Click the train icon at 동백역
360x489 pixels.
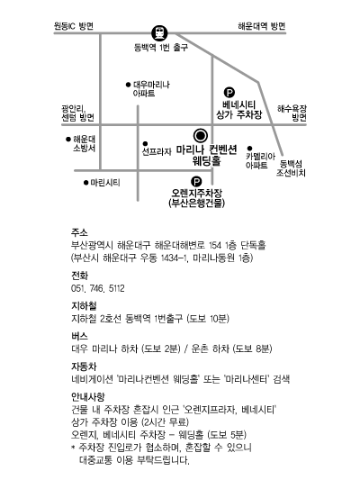(159, 32)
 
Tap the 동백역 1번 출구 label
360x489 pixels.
(161, 48)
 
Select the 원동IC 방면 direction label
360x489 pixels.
(74, 26)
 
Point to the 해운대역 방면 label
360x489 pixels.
(262, 26)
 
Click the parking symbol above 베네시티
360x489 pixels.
(229, 93)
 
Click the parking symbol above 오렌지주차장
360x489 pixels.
(196, 181)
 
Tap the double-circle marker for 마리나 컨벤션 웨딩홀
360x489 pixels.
(201, 136)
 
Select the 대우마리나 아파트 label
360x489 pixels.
(151, 89)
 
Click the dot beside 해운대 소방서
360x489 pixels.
(68, 139)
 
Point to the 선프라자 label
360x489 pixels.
(157, 151)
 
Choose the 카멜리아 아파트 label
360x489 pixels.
(260, 160)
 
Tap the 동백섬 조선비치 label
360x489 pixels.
(291, 168)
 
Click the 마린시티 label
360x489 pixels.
(105, 183)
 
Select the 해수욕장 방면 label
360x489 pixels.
(292, 113)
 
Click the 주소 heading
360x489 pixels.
(79, 232)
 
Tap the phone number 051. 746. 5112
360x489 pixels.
(97, 288)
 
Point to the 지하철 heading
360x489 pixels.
(84, 306)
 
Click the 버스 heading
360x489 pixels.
(79, 336)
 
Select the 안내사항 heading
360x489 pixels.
(87, 396)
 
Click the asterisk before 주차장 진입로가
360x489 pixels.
(73, 448)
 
